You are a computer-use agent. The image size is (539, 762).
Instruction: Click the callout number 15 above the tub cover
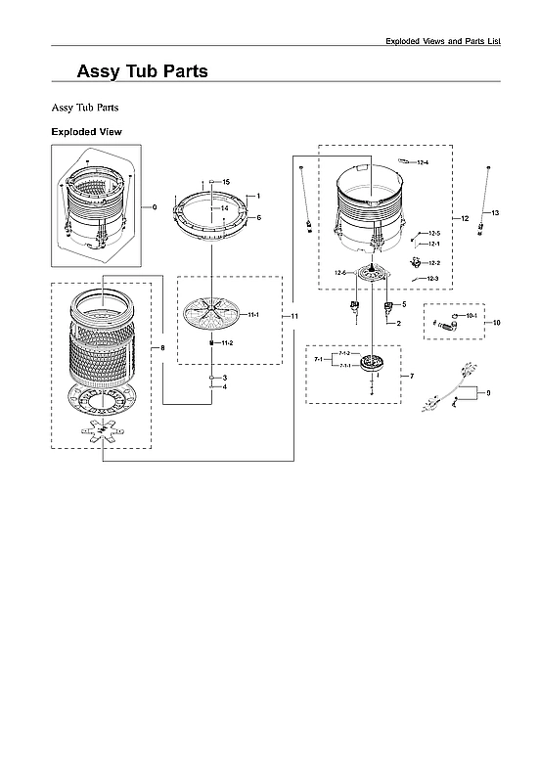[x=226, y=183]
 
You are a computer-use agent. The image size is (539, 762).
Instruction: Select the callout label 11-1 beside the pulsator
[x=252, y=314]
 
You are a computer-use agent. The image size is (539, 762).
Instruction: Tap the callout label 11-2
[x=226, y=343]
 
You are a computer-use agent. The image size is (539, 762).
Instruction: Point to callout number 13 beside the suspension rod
[x=495, y=212]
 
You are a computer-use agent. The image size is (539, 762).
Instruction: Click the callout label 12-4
[x=423, y=161]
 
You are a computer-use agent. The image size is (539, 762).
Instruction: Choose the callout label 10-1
[x=471, y=316]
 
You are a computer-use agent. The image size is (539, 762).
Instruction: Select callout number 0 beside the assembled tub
[x=155, y=207]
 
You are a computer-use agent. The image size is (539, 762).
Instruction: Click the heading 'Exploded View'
[x=86, y=131]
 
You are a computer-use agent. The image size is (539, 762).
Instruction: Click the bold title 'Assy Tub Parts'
[x=142, y=72]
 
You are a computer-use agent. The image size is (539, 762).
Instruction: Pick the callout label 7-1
[x=319, y=360]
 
